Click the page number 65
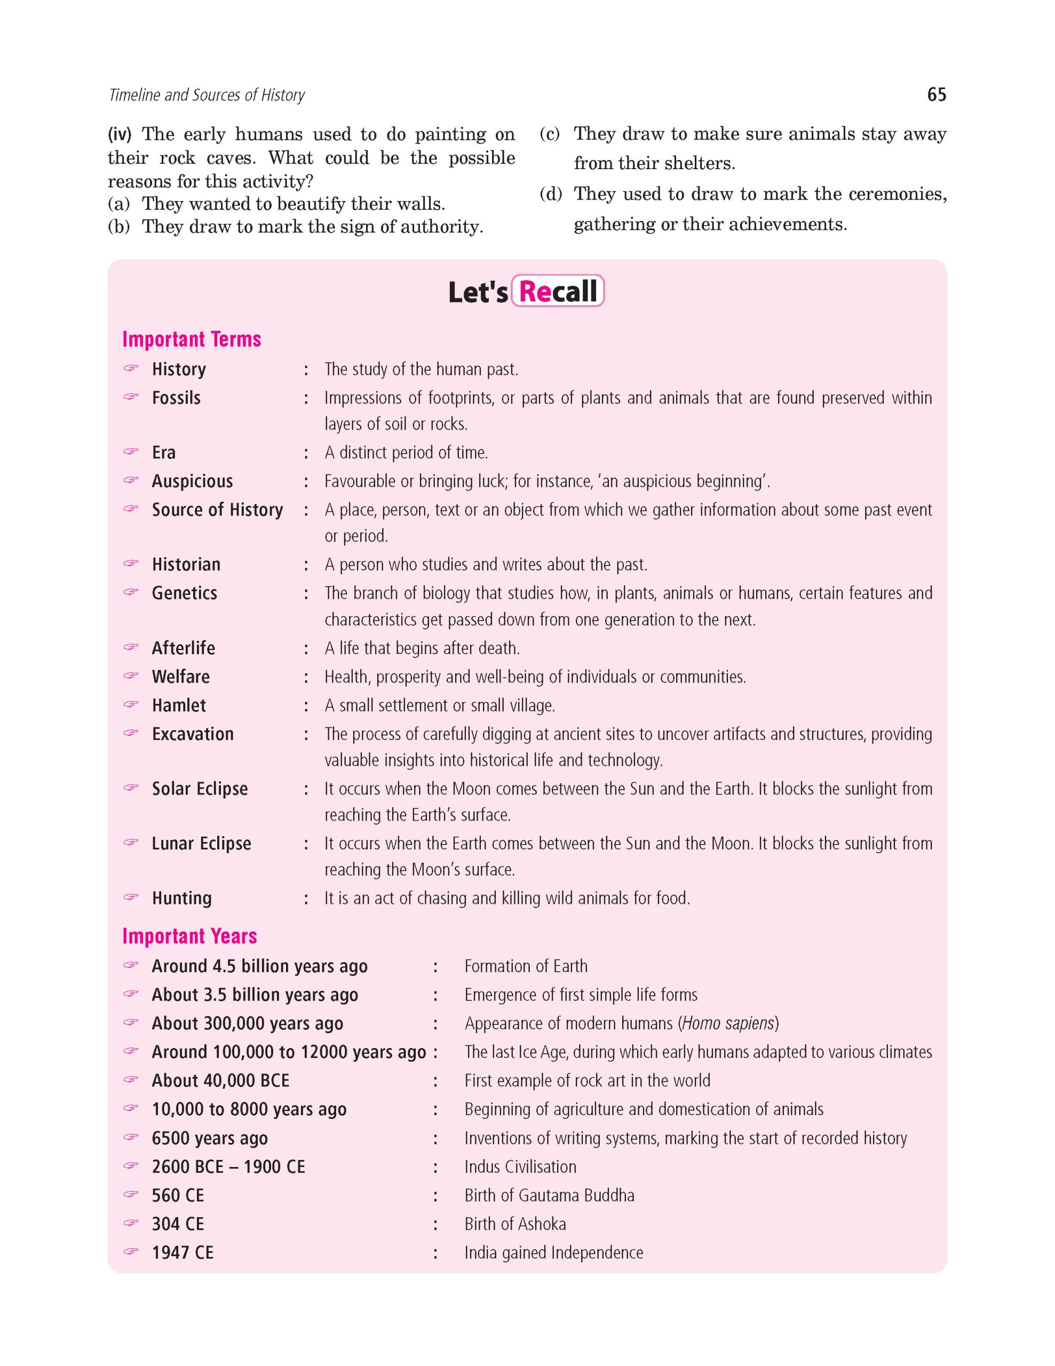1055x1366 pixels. tap(936, 95)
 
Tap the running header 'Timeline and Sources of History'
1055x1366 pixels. tap(207, 95)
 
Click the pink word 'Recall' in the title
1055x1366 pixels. tap(558, 291)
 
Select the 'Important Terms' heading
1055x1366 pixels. tap(192, 339)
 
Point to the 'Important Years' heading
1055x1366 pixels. tap(189, 936)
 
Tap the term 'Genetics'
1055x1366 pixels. tap(185, 593)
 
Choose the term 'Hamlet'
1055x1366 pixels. tap(179, 705)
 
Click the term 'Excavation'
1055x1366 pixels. tap(193, 734)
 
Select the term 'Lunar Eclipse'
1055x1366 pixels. tap(201, 844)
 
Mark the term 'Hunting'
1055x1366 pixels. tap(182, 899)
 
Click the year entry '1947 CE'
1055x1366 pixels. tap(183, 1253)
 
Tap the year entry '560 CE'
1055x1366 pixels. tap(178, 1195)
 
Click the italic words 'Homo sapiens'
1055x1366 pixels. tap(728, 1023)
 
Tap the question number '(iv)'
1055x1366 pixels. tap(121, 134)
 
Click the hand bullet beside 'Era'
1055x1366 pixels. tap(130, 451)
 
